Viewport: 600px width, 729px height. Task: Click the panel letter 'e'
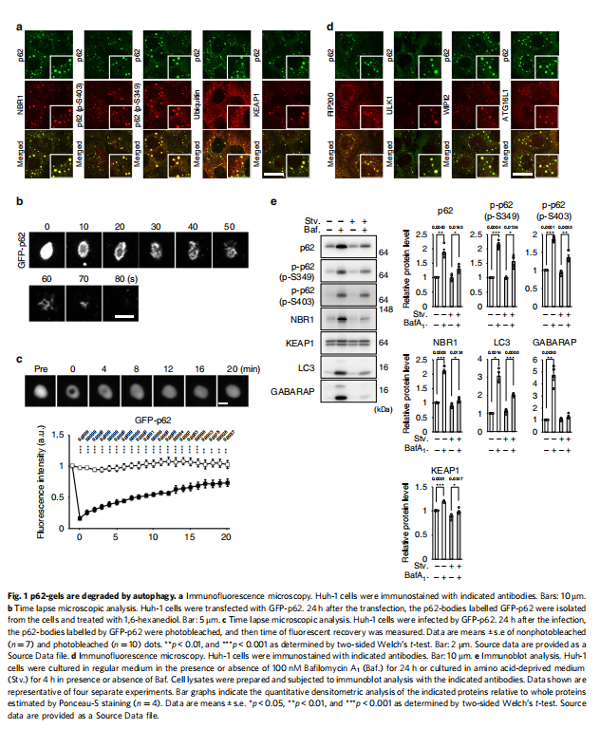point(274,200)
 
